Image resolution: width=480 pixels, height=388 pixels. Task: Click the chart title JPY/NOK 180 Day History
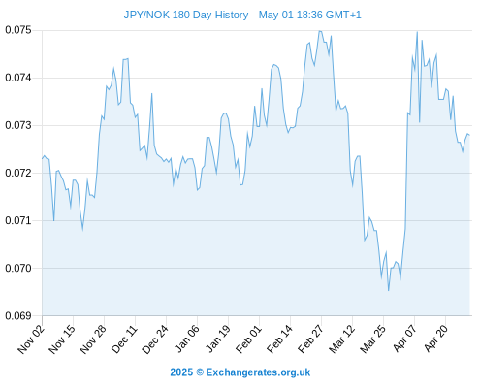coord(186,15)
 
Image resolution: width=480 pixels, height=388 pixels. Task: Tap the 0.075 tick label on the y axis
coord(18,30)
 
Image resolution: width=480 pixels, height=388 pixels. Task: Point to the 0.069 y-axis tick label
coord(18,315)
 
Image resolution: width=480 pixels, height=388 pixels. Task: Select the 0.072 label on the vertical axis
coord(18,173)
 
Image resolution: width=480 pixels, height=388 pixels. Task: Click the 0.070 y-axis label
coord(18,268)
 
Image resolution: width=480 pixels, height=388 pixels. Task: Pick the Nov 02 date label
coord(30,339)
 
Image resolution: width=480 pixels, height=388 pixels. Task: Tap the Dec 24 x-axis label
coord(155,339)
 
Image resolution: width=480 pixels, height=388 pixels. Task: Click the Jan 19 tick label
coord(217,339)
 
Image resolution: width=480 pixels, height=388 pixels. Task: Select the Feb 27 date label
coord(310,339)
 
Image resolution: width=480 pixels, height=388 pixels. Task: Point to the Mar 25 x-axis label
coord(372,339)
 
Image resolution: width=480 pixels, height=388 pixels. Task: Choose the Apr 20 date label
coord(435,339)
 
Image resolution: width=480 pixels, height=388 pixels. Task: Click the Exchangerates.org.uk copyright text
coord(258,372)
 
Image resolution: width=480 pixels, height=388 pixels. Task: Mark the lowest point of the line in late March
coord(388,291)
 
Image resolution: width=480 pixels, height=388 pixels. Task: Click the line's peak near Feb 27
coord(319,31)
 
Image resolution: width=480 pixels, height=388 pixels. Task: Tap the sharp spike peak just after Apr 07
coord(417,32)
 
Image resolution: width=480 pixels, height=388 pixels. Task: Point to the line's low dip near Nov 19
coord(82,230)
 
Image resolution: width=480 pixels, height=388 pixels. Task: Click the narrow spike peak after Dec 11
coord(151,93)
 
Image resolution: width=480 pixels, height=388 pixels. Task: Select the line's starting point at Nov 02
coord(43,158)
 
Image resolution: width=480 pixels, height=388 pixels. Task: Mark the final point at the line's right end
coord(469,135)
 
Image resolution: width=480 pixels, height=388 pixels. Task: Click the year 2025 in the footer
coord(181,372)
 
